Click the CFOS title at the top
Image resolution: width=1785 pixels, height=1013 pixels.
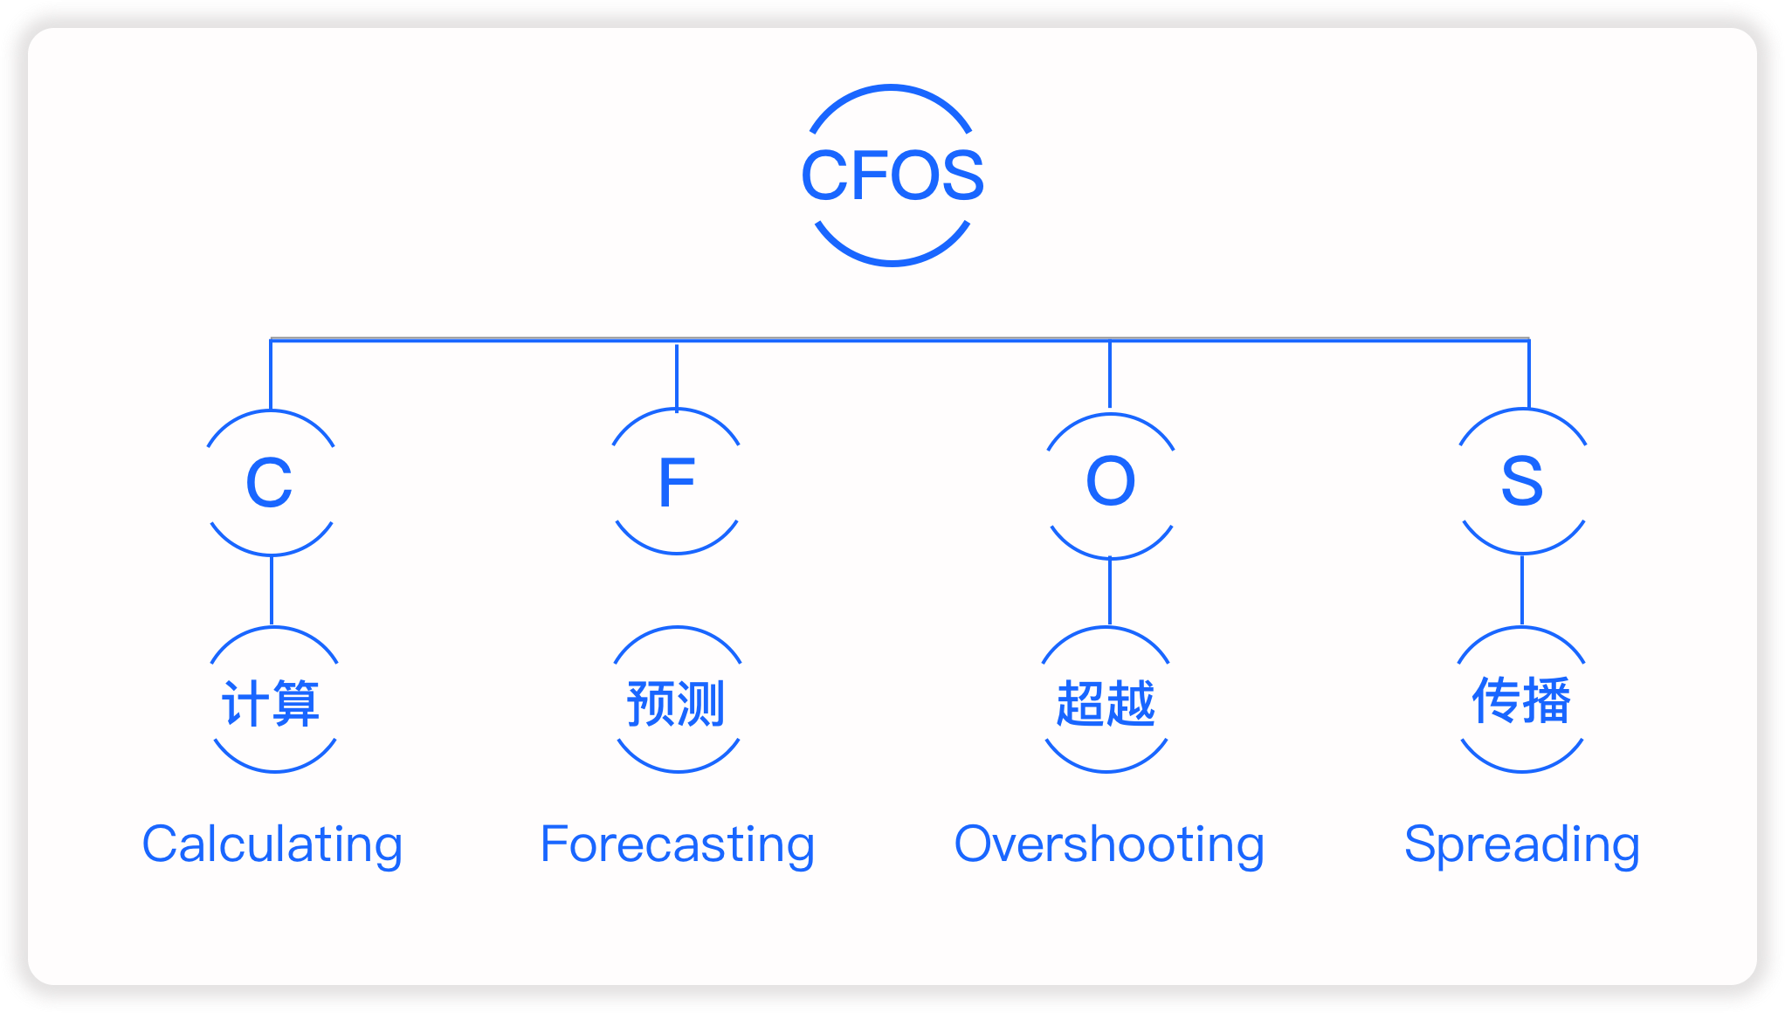coord(892,175)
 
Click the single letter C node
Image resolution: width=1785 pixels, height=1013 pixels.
coord(269,482)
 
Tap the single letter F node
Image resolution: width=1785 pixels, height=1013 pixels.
coord(677,482)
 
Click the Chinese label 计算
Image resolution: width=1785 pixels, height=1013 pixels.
coord(271,703)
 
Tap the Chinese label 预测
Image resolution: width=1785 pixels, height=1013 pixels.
coord(676,703)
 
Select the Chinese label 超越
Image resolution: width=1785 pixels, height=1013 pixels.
coord(1106,703)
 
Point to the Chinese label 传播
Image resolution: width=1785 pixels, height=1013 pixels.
coord(1521,700)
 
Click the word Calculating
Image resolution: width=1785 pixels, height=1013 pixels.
coord(272,844)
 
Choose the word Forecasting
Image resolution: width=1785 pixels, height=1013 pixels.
coord(678,844)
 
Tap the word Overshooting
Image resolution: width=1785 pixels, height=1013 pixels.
coord(1109,844)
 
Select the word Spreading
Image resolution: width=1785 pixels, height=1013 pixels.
coord(1522,844)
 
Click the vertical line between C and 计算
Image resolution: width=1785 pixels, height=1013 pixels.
coord(272,590)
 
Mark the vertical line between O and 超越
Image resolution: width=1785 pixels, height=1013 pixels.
coord(1110,592)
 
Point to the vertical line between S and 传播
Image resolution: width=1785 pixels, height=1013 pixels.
coord(1522,590)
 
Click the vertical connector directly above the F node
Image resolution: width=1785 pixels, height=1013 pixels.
coord(677,376)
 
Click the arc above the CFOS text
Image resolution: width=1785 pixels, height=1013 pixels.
coord(891,87)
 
